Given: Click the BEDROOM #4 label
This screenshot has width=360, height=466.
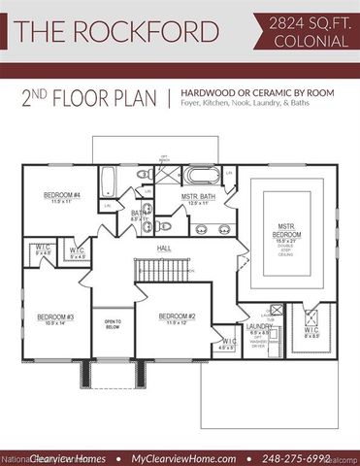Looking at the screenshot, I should [x=60, y=196].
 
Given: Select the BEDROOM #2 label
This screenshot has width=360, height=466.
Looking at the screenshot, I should [x=154, y=317].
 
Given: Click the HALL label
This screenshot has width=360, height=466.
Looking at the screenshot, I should [x=164, y=249].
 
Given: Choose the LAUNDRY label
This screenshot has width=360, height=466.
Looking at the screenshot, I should [x=259, y=326].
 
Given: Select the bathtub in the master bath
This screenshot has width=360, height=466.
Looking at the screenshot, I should [x=204, y=176].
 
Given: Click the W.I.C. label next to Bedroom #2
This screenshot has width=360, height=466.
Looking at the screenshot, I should [x=229, y=342].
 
